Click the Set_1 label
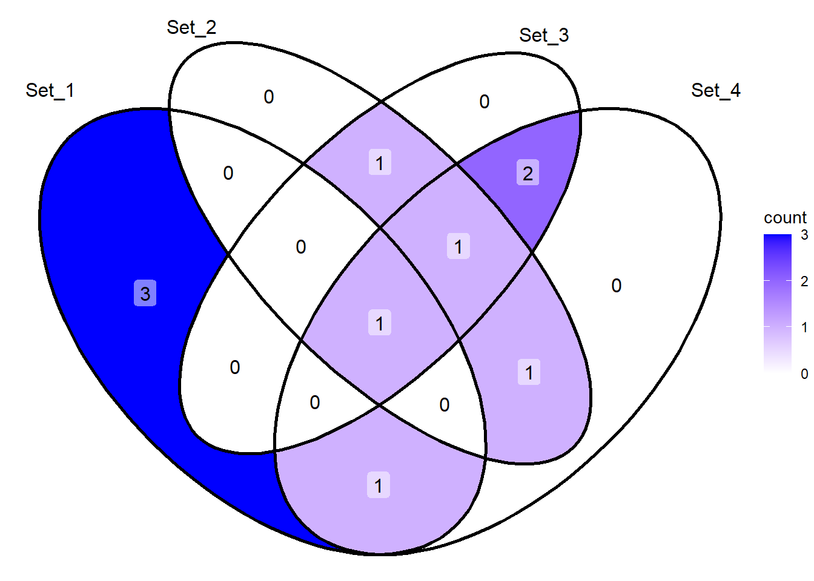50,90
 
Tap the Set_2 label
191,28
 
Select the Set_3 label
544,36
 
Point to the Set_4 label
715,90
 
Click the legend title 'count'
786,218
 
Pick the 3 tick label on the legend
804,235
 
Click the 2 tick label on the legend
804,281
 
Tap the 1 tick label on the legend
804,327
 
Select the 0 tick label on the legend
804,373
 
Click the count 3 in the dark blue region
145,294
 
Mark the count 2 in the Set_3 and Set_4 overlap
528,173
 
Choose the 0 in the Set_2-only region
268,97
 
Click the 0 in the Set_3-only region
484,102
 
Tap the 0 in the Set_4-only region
617,286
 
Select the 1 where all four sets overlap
380,323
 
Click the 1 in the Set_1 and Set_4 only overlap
379,485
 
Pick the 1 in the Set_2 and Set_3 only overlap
380,162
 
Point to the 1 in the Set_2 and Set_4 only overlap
529,372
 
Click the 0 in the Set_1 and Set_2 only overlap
228,173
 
